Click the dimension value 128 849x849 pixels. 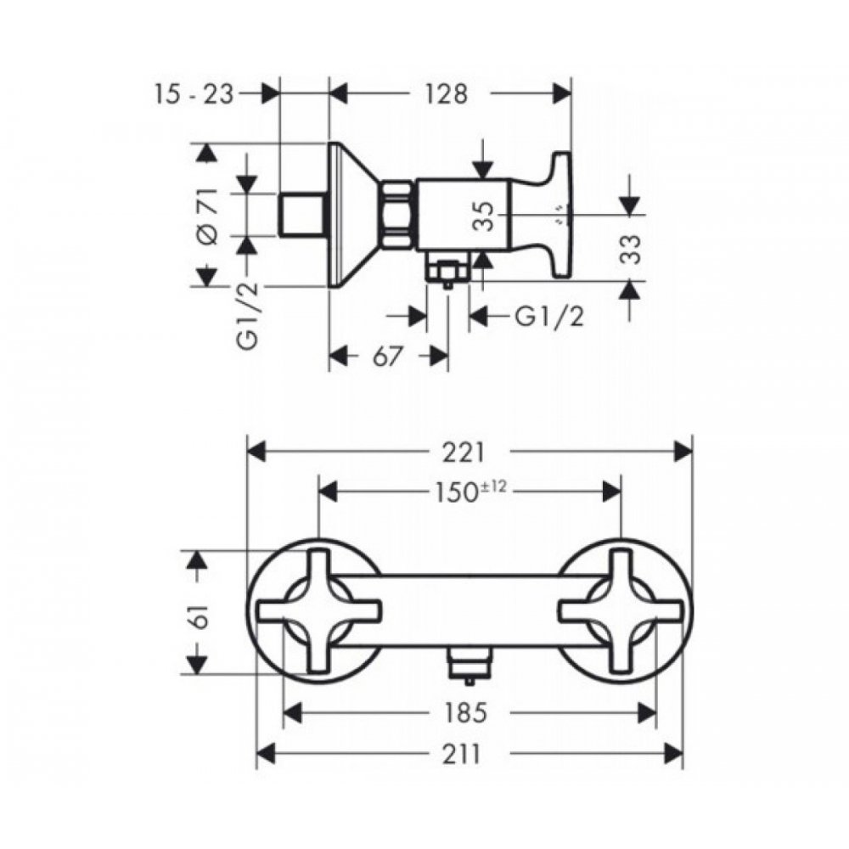tap(446, 94)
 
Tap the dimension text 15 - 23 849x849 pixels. tap(194, 94)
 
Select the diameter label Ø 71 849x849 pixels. tap(208, 216)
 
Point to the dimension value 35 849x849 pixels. tap(485, 216)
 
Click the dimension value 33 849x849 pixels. tap(630, 249)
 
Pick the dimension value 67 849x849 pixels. tap(388, 357)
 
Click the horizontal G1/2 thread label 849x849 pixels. tap(549, 317)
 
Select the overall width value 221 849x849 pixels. tap(464, 453)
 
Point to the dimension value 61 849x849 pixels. tap(200, 612)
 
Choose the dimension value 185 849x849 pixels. tap(464, 712)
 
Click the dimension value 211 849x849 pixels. tap(462, 754)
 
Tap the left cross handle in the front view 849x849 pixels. tap(319, 610)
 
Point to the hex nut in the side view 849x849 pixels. tap(398, 215)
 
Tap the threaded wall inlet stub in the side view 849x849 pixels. tap(301, 215)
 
